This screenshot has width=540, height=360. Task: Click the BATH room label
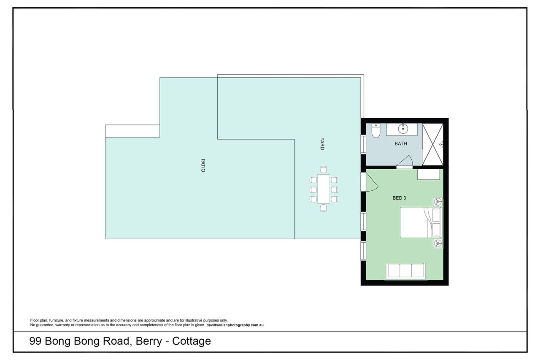click(x=401, y=144)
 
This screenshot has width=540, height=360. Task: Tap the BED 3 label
click(x=399, y=198)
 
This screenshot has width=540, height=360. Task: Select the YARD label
click(x=322, y=144)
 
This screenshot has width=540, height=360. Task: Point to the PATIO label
click(x=203, y=165)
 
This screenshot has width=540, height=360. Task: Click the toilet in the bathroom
click(x=375, y=130)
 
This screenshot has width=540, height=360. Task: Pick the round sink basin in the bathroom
click(x=402, y=129)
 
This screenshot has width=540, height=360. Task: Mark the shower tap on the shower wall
click(x=441, y=144)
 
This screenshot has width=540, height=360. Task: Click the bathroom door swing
click(x=405, y=162)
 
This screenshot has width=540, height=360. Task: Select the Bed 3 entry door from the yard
click(x=371, y=182)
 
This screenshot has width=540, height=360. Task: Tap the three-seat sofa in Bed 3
click(x=405, y=271)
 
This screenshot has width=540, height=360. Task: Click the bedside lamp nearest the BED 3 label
click(x=437, y=201)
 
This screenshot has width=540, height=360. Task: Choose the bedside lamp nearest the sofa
click(x=437, y=244)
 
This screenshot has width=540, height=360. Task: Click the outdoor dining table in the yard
click(x=324, y=189)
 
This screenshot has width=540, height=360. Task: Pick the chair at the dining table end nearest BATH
click(x=324, y=170)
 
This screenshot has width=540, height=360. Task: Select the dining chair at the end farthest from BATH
click(x=324, y=208)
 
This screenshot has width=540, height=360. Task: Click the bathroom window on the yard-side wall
click(x=363, y=144)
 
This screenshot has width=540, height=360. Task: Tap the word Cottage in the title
click(x=192, y=341)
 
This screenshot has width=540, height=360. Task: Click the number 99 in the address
click(x=35, y=341)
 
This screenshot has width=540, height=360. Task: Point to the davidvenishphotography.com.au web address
click(x=235, y=325)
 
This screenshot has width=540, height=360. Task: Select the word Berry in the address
click(x=149, y=341)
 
